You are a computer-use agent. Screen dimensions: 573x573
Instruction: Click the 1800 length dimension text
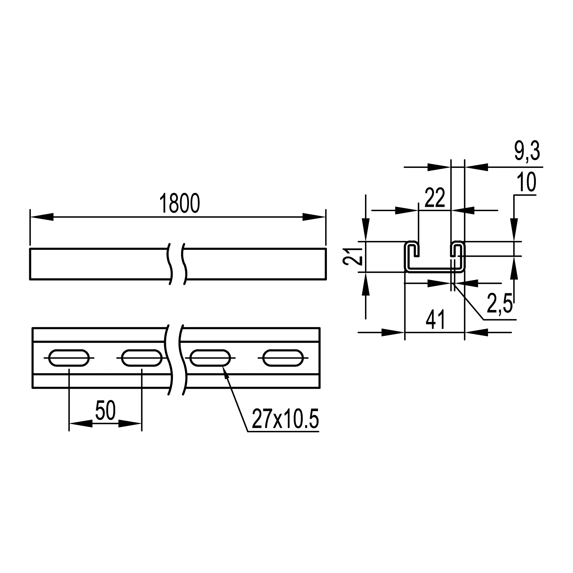179,203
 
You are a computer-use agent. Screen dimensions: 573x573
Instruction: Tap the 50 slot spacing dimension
105,411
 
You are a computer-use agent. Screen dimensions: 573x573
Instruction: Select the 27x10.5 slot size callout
285,419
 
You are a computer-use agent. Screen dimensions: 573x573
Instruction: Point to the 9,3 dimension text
527,152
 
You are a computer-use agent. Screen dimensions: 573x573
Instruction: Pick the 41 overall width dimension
435,320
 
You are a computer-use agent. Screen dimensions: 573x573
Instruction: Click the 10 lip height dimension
526,183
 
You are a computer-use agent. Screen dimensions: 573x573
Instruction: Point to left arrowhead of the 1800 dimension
42,217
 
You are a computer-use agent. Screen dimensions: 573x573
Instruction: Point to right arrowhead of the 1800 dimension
314,217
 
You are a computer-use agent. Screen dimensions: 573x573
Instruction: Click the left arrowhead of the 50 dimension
80,423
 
